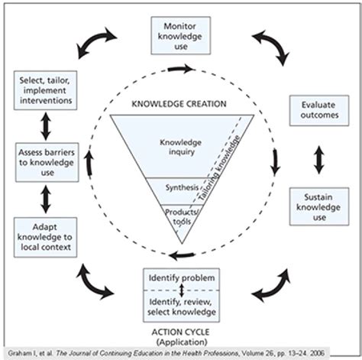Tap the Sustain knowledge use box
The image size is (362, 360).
point(315,206)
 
